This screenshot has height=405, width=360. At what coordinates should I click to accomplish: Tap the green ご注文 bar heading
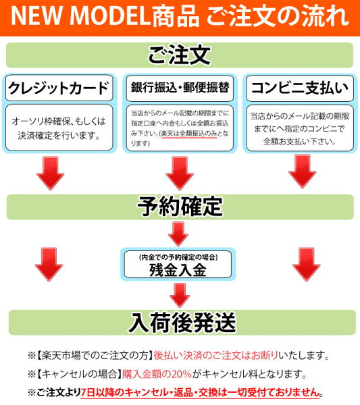[180, 55]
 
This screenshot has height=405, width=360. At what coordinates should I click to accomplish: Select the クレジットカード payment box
[59, 88]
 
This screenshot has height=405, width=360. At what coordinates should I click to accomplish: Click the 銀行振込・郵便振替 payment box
[180, 88]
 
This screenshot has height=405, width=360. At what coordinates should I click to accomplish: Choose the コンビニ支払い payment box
[300, 88]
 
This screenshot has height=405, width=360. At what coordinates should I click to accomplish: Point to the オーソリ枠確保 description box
[59, 128]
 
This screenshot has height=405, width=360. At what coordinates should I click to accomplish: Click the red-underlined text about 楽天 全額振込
[189, 134]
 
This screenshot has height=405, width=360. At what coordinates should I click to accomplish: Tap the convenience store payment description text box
[300, 128]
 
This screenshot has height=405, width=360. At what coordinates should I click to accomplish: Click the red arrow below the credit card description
[51, 173]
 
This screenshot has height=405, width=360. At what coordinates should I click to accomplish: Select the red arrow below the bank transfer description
[180, 173]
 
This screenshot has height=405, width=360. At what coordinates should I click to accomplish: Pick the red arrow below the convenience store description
[303, 171]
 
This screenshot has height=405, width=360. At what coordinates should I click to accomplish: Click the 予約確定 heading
[180, 207]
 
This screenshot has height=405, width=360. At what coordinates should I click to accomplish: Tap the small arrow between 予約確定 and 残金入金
[178, 234]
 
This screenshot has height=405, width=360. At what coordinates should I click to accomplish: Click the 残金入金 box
[178, 264]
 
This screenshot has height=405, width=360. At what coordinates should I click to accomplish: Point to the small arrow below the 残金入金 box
[180, 295]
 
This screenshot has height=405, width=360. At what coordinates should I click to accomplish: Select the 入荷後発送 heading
[182, 323]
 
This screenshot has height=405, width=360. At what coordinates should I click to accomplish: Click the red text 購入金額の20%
[157, 374]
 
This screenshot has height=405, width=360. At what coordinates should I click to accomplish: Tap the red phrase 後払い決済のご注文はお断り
[215, 356]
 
